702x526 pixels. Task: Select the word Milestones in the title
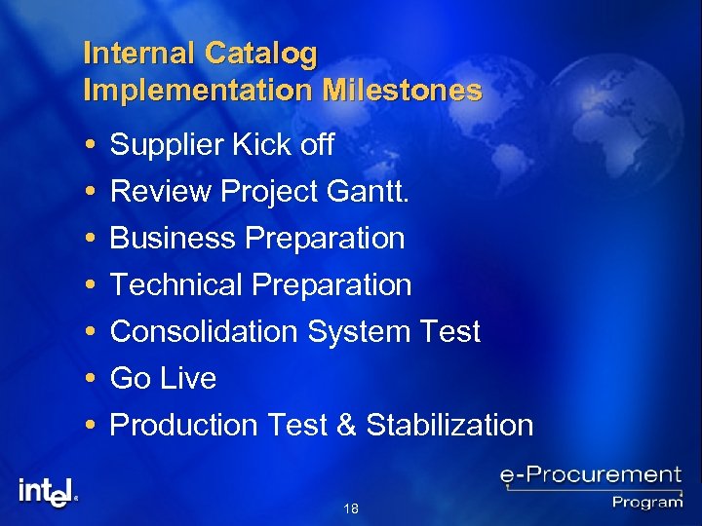point(404,91)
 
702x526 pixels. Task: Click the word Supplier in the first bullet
point(167,146)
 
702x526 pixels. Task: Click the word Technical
point(177,284)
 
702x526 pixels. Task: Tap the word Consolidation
point(205,331)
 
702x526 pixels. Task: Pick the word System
point(353,331)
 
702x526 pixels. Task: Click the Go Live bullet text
point(163,378)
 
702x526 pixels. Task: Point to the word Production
point(183,425)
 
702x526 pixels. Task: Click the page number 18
point(351,508)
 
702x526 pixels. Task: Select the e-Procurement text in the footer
point(590,476)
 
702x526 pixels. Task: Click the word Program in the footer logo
point(647,503)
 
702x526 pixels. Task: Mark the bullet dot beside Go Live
point(90,378)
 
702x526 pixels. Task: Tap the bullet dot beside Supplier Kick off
point(90,146)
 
